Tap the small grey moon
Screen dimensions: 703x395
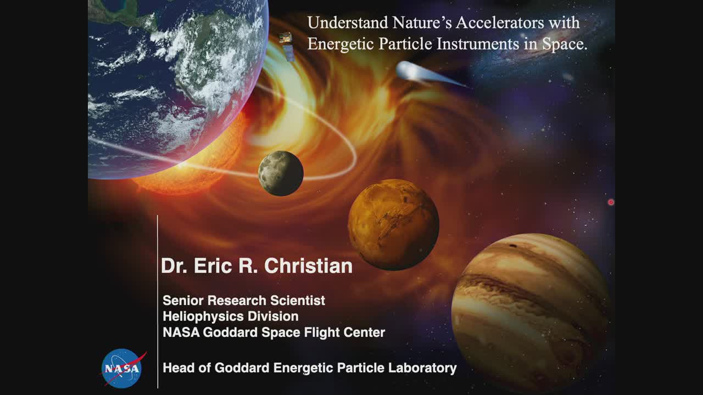[281, 173]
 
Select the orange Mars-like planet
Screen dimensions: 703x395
[393, 225]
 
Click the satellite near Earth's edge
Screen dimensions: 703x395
[287, 47]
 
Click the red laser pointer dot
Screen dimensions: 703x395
[611, 202]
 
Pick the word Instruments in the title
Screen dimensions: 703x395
[478, 43]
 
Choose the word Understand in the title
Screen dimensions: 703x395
[348, 22]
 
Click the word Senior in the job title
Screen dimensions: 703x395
[183, 300]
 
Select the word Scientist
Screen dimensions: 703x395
[298, 300]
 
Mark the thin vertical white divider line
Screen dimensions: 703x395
[158, 302]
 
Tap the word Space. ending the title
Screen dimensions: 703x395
[565, 44]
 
